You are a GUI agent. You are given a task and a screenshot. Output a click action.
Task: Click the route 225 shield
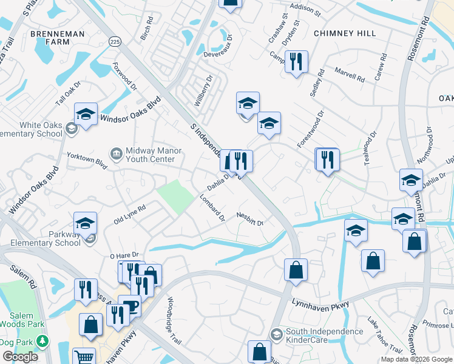tap(115, 41)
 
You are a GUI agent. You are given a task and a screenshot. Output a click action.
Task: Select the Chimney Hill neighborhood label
tap(345, 33)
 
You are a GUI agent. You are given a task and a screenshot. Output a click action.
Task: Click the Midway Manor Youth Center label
tap(150, 155)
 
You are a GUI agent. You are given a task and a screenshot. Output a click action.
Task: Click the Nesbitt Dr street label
tap(250, 219)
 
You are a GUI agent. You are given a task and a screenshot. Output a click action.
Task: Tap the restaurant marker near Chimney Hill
tap(296, 62)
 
